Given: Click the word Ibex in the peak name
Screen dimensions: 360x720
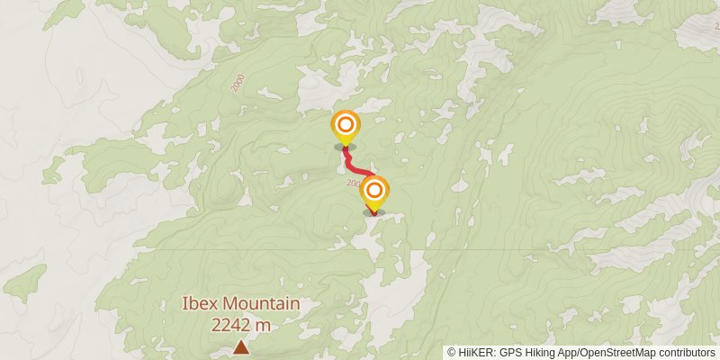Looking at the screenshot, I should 201,305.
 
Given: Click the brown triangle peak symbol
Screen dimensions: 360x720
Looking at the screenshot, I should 240,346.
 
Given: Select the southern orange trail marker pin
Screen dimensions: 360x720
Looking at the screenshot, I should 374,192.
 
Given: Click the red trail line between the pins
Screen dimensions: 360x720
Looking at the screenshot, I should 358,168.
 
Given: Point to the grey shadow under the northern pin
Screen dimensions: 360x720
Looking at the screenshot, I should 345,146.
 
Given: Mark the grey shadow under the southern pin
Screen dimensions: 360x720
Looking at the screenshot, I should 374,211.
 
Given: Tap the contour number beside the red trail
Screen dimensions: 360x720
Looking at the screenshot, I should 354,181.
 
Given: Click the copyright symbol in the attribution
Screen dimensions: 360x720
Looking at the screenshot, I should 452,353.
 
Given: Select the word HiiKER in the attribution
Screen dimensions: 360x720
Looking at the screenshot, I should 473,353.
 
